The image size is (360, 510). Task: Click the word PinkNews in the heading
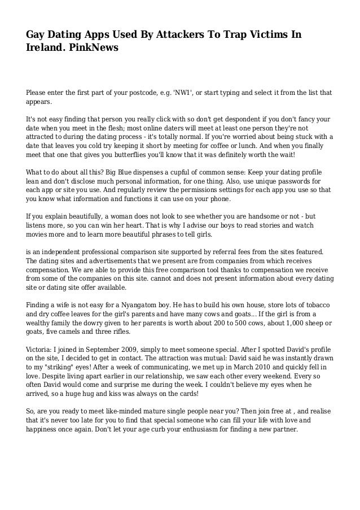92,49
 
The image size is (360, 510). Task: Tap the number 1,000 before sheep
265,322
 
